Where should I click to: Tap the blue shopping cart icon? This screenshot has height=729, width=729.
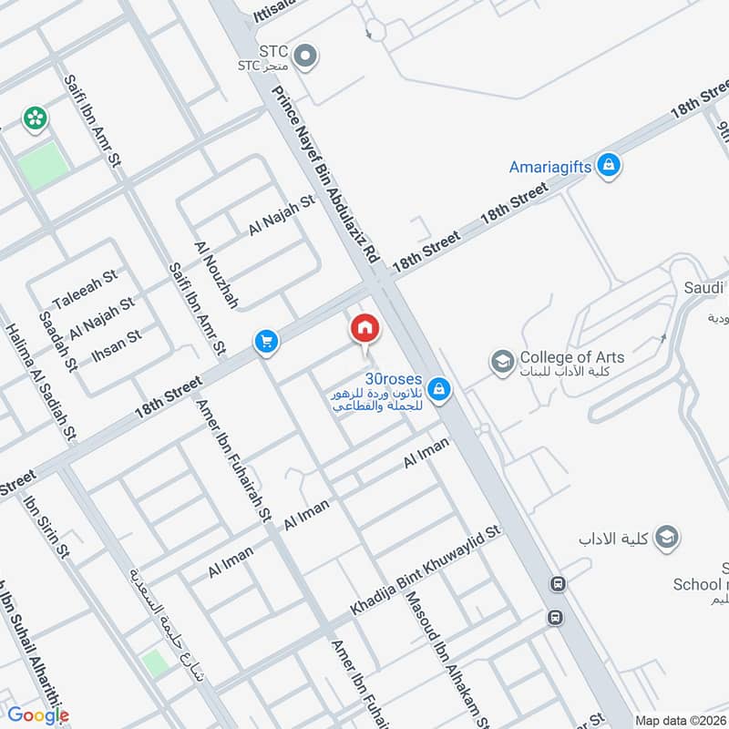267,341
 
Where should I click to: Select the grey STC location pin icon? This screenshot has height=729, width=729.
306,56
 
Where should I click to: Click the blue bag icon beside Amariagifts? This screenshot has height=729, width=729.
610,166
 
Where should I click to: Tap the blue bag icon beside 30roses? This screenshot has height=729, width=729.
439,389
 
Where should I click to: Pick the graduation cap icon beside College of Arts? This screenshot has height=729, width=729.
501,362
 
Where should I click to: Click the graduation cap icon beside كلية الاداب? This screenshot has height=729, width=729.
667,536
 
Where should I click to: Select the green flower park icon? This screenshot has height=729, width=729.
35,117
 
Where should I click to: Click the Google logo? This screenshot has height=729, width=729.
38,715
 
